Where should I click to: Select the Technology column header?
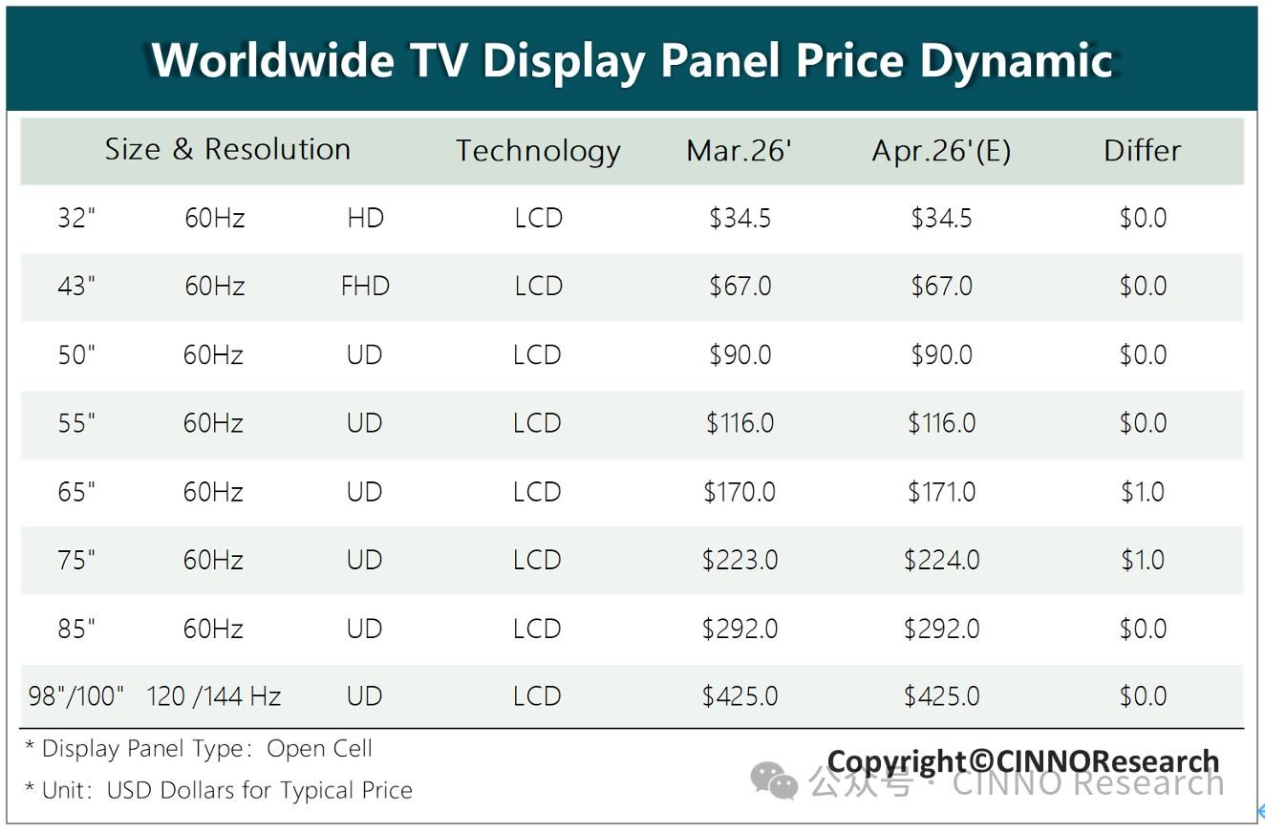tap(538, 151)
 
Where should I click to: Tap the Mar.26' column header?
tap(739, 151)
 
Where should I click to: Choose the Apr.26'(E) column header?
tap(941, 151)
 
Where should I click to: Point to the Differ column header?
tap(1142, 151)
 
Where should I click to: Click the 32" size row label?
tap(76, 219)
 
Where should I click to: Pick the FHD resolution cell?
tap(365, 287)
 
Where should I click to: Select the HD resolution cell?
tap(365, 219)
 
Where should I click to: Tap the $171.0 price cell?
tap(941, 492)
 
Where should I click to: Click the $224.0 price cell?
tap(941, 560)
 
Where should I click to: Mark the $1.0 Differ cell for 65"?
tap(1143, 492)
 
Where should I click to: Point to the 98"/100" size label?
tap(76, 696)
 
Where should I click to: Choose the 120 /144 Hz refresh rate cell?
tap(213, 696)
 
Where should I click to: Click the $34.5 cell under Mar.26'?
tap(740, 219)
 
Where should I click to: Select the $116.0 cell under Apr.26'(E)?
tap(941, 423)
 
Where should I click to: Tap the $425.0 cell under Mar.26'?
tap(740, 696)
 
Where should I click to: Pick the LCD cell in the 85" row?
tap(537, 629)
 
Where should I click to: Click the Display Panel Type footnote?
tap(198, 749)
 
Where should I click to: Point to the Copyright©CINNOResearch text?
tap(1022, 761)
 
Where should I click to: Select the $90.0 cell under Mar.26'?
tap(740, 355)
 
